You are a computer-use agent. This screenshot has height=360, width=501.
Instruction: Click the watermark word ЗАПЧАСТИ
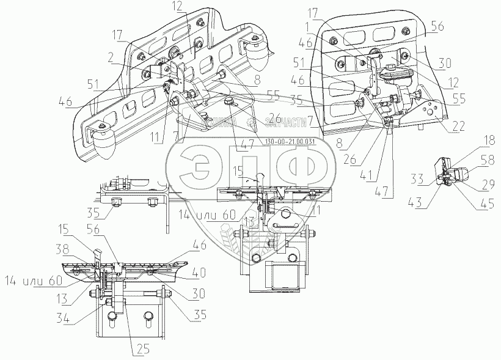point(283,121)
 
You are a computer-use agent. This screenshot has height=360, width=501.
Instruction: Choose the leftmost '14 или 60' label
point(43,282)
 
